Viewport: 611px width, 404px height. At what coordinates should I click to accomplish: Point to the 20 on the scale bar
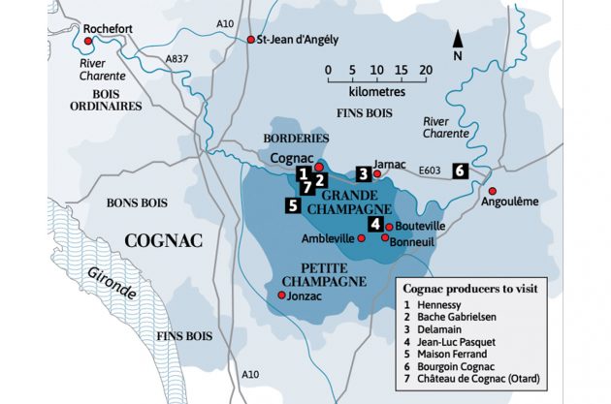point(424,70)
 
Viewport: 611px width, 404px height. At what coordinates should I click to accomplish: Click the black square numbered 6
point(460,170)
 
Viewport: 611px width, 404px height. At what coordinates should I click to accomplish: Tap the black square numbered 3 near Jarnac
point(363,173)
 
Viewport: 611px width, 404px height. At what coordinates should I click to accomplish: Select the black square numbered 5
point(292,204)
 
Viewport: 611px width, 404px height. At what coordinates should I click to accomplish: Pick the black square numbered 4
point(374,224)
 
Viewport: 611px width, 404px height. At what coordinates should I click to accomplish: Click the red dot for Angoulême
point(492,190)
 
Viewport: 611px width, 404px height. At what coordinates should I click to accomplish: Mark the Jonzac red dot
point(282,295)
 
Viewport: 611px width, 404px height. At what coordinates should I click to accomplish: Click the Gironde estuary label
point(109,281)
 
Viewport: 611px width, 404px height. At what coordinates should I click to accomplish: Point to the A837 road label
point(177,59)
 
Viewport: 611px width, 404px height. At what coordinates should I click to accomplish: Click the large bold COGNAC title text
point(163,240)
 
